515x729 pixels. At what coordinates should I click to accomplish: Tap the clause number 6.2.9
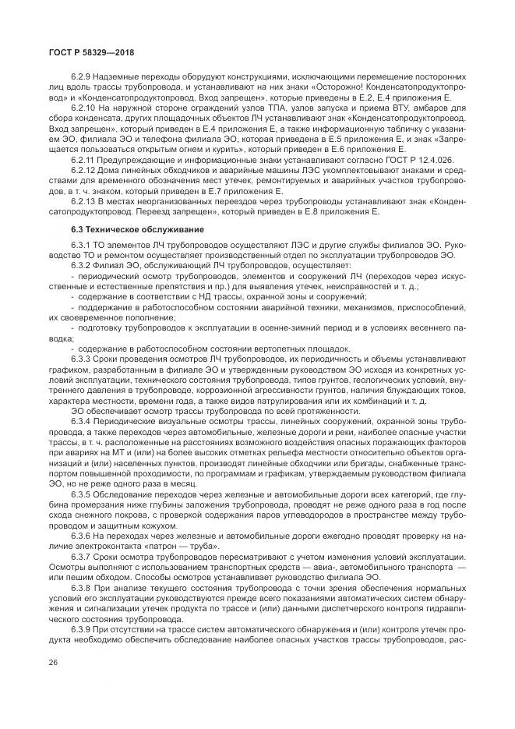pyautogui.click(x=80, y=78)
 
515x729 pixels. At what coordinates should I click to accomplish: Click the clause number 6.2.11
pyautogui.click(x=82, y=157)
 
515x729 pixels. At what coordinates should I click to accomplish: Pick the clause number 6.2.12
pyautogui.click(x=82, y=168)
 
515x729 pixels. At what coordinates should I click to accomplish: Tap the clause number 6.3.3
pyautogui.click(x=80, y=358)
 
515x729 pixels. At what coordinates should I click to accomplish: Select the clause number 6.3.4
pyautogui.click(x=80, y=420)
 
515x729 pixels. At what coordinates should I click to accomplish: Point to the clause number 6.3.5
pyautogui.click(x=80, y=493)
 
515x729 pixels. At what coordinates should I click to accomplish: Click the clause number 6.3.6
pyautogui.click(x=80, y=533)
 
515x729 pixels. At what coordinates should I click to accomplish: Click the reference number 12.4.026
pyautogui.click(x=377, y=157)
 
